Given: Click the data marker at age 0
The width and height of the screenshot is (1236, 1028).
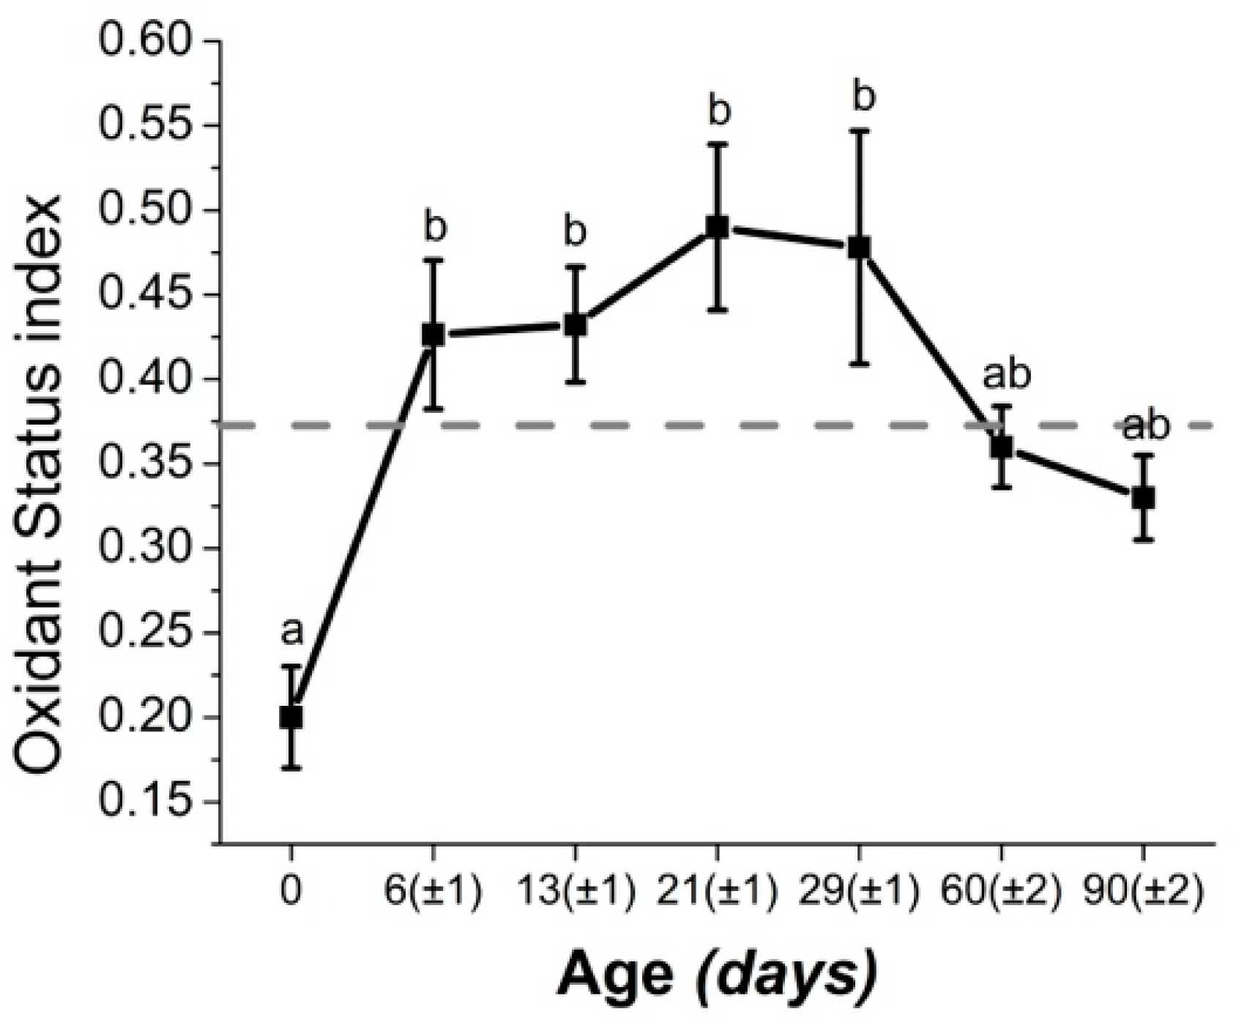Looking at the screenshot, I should point(291,717).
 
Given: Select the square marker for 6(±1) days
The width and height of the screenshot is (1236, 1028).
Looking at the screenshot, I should point(433,335).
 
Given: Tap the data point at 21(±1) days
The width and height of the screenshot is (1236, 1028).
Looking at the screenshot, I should point(717,227).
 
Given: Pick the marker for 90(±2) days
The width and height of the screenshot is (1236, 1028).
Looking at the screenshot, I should point(1143,498).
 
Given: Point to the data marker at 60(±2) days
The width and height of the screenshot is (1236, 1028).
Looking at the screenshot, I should point(1001,447).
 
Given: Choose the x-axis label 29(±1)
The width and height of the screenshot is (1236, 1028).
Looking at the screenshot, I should point(859,894).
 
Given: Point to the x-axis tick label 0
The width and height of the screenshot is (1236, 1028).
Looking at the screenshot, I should point(291,894).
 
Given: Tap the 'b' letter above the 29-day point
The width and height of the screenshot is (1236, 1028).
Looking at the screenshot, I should point(864,97).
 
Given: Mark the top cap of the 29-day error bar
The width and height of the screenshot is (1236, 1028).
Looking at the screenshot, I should point(859,130).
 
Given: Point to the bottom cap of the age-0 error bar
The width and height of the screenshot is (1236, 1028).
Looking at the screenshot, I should point(291,768).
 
